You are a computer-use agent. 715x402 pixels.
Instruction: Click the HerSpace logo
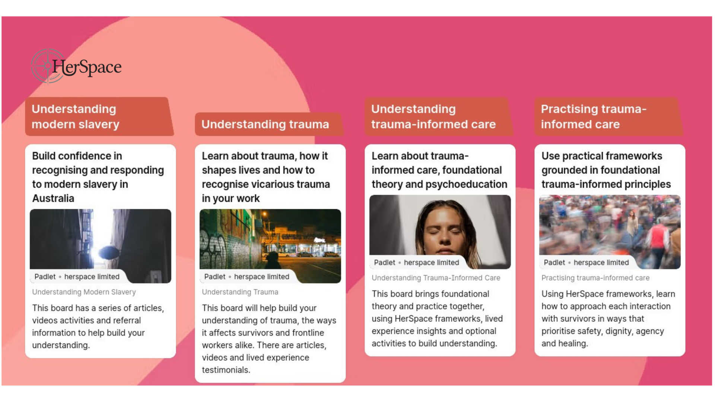tap(77, 67)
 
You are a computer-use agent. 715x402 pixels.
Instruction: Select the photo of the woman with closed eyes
tap(440, 227)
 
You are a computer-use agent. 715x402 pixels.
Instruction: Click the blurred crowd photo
tap(610, 227)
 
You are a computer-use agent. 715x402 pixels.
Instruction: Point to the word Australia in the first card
tap(53, 198)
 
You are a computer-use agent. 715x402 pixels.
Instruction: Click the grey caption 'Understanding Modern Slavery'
tap(84, 292)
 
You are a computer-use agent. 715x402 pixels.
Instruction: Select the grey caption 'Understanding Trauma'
tap(240, 292)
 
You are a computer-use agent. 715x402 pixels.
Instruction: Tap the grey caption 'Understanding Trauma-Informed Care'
tap(436, 278)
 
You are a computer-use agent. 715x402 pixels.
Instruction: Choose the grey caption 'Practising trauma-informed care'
tap(595, 278)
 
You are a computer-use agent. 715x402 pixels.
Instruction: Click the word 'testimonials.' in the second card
tap(226, 370)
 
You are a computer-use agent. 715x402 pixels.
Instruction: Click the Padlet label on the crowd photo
tap(554, 263)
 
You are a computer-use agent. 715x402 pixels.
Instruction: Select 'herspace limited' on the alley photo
tap(92, 277)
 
